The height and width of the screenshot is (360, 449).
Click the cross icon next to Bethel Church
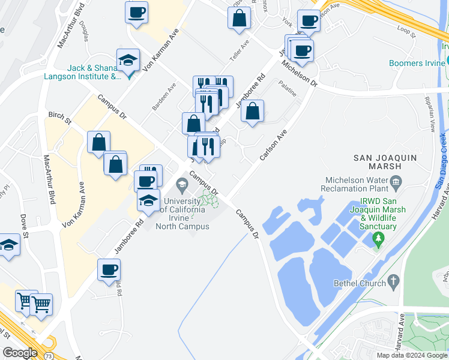(394, 281)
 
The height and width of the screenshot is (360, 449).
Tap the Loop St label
(406, 32)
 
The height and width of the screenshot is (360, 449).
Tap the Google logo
(20, 352)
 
